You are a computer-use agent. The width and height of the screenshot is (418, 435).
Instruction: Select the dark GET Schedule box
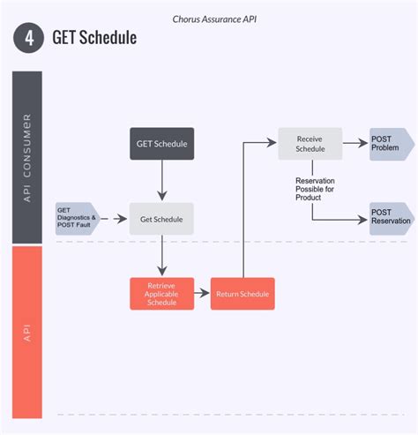(161, 143)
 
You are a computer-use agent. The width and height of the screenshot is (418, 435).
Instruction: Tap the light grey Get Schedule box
(161, 219)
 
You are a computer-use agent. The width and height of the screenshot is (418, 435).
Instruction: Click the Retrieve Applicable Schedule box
(161, 294)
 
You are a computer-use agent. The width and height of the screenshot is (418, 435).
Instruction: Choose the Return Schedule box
(243, 294)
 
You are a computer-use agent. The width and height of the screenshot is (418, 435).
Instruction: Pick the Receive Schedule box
(310, 143)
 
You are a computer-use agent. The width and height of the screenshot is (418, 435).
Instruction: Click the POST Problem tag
(389, 143)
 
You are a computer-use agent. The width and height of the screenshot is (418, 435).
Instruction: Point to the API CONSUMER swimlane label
(27, 157)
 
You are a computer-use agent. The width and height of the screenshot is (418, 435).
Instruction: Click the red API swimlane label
(27, 333)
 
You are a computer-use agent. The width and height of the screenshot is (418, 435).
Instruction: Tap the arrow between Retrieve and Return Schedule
(202, 294)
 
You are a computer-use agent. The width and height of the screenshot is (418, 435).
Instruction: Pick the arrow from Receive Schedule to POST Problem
(355, 143)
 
